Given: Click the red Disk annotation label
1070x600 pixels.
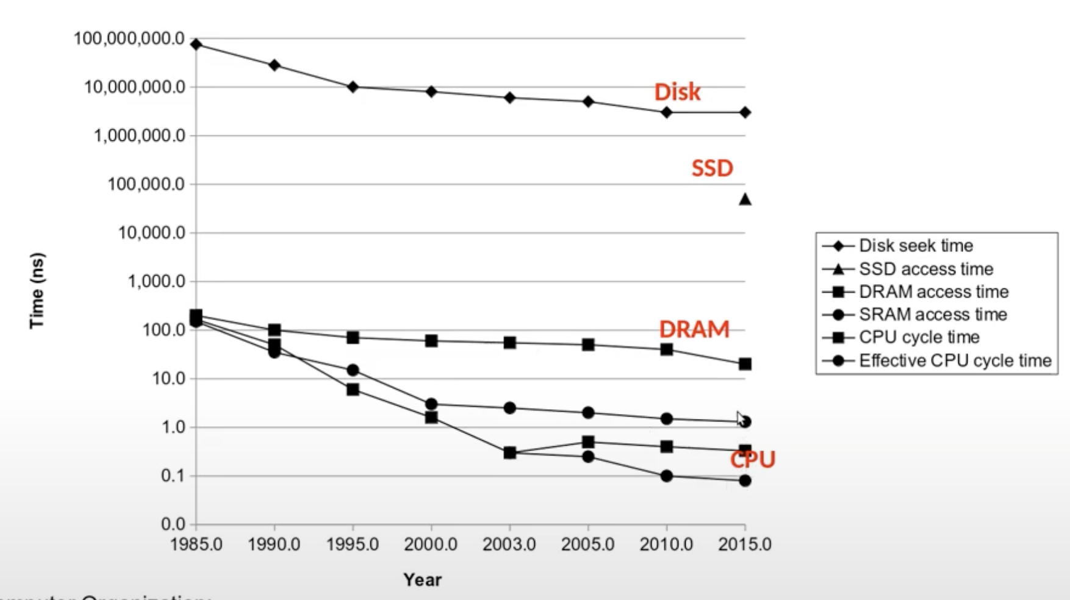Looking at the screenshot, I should [677, 92].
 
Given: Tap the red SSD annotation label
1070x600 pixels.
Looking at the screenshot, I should [712, 168].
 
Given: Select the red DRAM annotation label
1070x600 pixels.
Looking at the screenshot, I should [694, 329].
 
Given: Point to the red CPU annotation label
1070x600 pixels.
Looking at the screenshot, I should [753, 459].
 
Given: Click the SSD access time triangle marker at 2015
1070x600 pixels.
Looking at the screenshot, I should [745, 199].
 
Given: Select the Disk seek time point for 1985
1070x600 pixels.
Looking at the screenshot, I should [196, 45].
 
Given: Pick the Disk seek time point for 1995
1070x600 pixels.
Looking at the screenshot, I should [353, 87].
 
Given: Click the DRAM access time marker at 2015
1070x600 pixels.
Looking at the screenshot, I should [745, 364].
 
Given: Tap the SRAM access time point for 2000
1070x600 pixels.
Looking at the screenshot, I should [431, 404].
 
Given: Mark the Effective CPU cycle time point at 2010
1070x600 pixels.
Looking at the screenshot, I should [666, 476].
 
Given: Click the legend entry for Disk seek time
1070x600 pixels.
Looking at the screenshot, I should [915, 246].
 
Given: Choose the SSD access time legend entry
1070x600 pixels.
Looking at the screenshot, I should [925, 269].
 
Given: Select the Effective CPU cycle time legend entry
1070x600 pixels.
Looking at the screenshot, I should [955, 361].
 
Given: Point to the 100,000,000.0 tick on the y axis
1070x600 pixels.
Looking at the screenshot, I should [129, 39].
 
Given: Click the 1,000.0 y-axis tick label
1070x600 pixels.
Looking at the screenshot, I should [156, 282].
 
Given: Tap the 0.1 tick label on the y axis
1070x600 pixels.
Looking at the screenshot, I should [173, 476].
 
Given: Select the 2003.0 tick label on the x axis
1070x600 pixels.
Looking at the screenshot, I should [509, 545].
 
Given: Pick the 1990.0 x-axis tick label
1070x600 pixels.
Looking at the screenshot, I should [274, 545].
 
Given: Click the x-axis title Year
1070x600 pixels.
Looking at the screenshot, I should [422, 580].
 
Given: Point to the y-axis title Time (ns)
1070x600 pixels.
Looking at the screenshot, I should [37, 291].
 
